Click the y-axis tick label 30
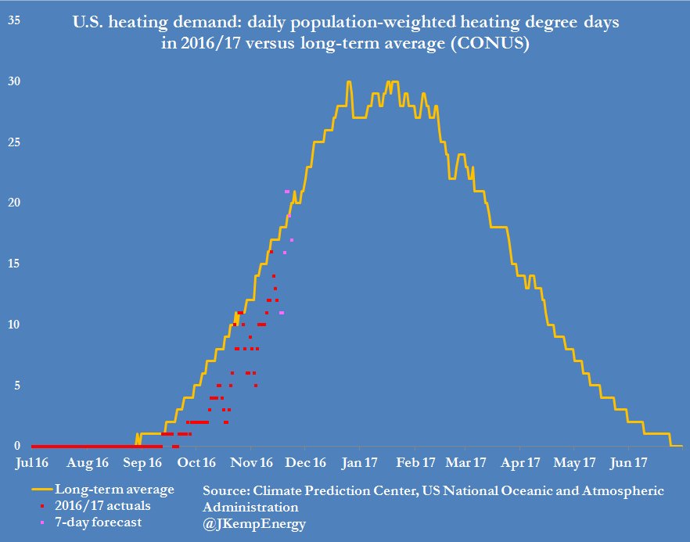(x=15, y=81)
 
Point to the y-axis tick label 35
(x=15, y=20)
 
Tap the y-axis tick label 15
(x=15, y=264)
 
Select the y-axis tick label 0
(x=16, y=446)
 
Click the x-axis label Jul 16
(x=33, y=463)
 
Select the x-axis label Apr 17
(x=525, y=463)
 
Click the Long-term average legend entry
(x=114, y=490)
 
